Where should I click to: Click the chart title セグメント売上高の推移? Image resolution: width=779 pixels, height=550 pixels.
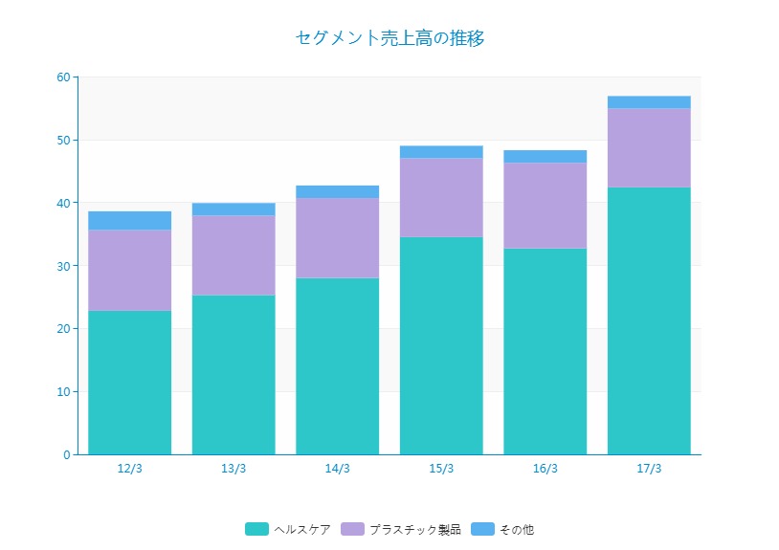390,38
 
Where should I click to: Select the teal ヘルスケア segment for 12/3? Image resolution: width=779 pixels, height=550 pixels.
130,383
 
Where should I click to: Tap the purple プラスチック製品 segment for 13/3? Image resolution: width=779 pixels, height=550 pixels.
234,255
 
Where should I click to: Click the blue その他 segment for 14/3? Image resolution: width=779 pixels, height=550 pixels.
337,191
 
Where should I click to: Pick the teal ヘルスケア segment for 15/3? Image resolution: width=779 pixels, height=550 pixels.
441,345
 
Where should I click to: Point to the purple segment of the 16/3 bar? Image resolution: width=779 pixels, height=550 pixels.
545,206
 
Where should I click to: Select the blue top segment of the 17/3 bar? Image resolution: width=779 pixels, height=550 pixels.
649,102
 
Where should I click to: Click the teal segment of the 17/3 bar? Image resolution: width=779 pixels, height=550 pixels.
649,320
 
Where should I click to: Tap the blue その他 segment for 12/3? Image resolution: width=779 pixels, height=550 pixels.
130,220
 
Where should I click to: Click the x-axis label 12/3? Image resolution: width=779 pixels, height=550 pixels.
130,469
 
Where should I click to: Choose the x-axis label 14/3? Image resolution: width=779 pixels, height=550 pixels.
337,469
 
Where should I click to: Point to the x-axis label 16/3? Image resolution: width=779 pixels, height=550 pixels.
545,469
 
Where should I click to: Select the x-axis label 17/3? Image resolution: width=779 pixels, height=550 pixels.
649,469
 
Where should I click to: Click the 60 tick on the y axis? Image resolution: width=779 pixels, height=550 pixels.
63,77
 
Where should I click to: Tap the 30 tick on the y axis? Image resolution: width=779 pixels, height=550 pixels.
63,266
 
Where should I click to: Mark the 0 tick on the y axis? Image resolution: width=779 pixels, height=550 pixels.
66,454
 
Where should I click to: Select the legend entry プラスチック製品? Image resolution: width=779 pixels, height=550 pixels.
414,529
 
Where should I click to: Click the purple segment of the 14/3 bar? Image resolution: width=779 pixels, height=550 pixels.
337,238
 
